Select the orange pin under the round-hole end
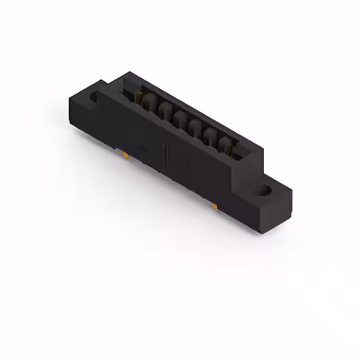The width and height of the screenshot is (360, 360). (x=215, y=208)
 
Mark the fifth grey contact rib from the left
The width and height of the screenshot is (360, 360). (x=211, y=135)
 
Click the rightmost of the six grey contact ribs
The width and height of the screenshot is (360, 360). (x=227, y=143)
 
